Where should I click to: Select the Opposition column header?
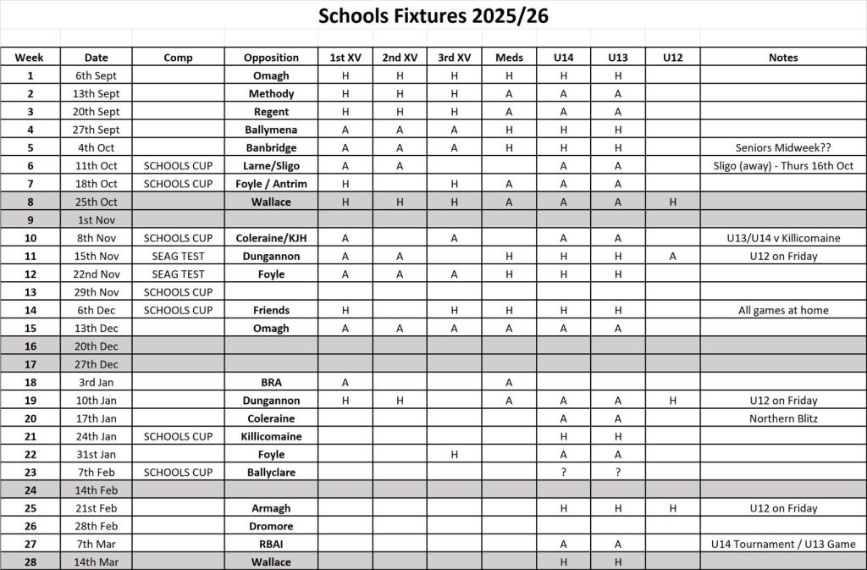(x=271, y=58)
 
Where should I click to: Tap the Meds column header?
(x=509, y=58)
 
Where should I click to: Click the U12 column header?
(x=672, y=58)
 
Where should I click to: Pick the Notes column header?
(x=783, y=58)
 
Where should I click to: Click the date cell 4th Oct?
(x=97, y=147)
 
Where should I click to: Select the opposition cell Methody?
(x=271, y=94)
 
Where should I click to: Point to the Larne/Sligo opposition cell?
(x=271, y=166)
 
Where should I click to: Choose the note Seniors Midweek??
(x=783, y=147)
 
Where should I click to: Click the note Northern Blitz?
(x=783, y=418)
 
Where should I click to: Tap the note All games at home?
(x=783, y=310)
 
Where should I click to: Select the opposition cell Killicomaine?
(x=271, y=436)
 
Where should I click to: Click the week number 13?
(x=30, y=292)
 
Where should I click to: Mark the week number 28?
(x=30, y=562)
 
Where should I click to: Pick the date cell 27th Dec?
(x=97, y=364)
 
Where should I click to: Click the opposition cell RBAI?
(x=271, y=545)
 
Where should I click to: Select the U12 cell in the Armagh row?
(x=672, y=508)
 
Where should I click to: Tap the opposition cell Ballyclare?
(x=271, y=473)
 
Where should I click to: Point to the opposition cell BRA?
(x=271, y=382)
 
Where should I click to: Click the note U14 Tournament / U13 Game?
(x=783, y=545)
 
